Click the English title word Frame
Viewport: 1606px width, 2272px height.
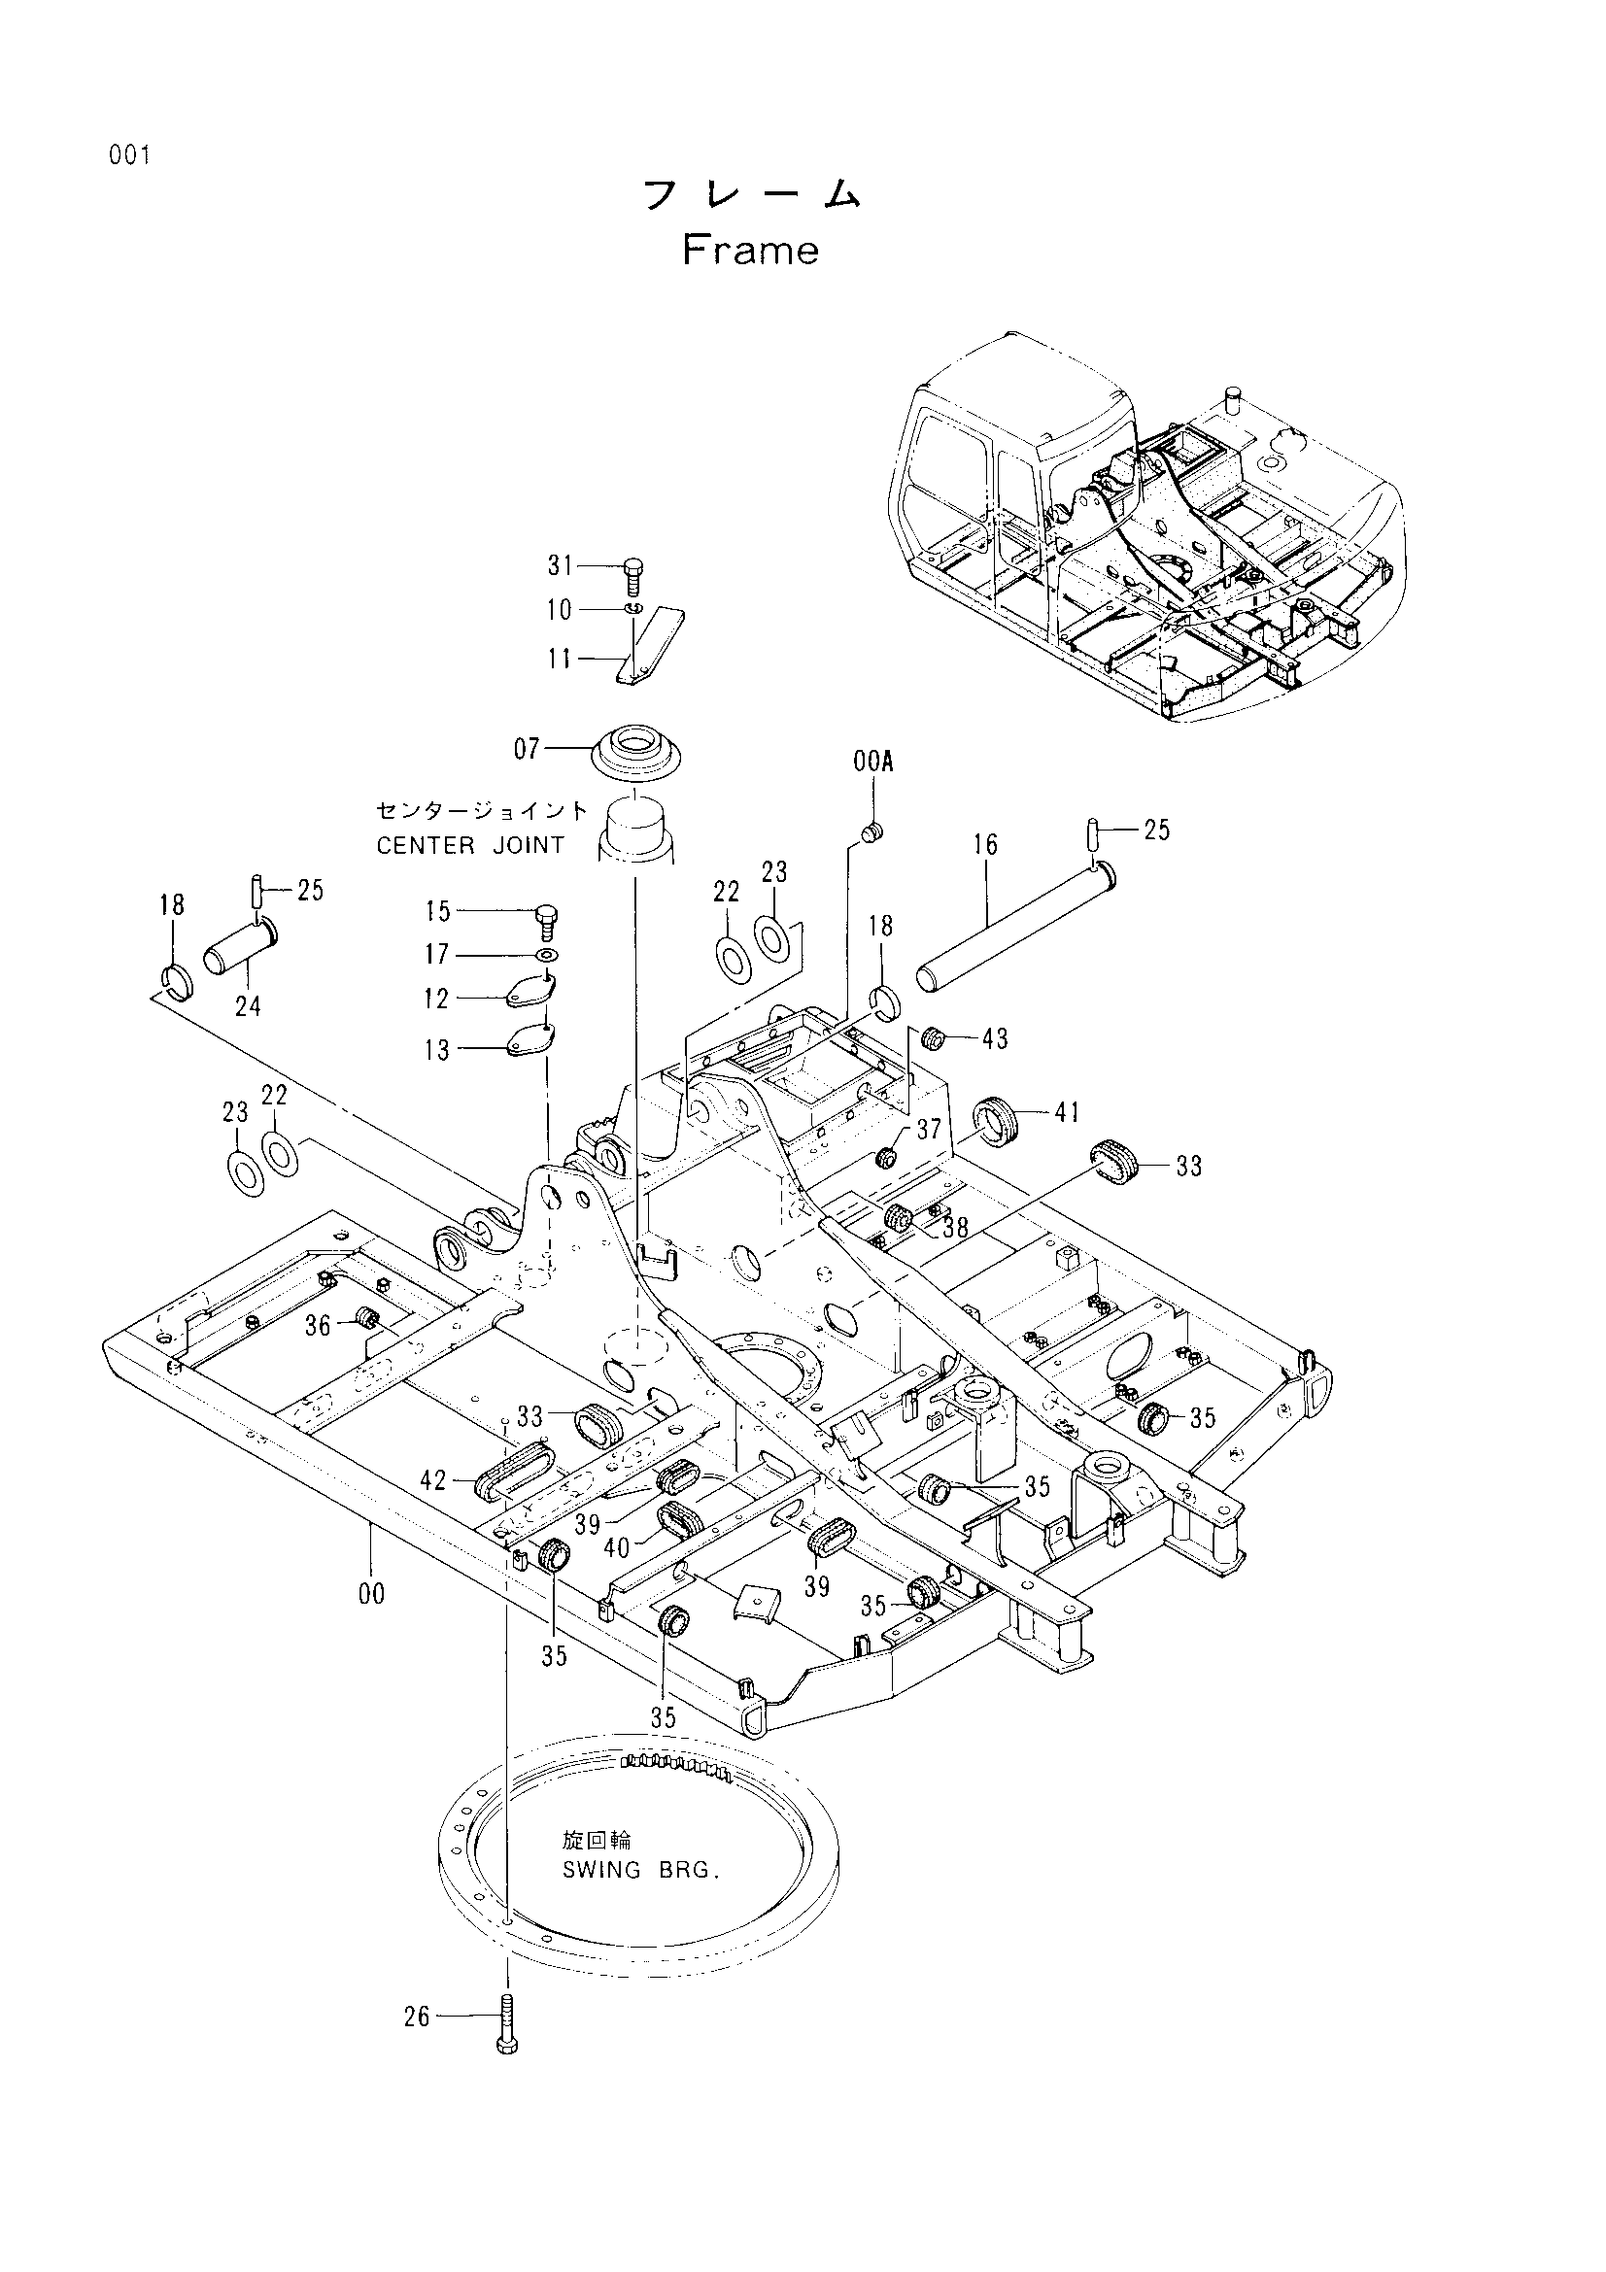coord(750,251)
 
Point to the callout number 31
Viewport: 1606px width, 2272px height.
coord(561,565)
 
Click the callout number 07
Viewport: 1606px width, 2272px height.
coord(528,749)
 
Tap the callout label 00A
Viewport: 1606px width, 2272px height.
coord(872,761)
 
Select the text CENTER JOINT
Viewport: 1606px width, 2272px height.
coord(470,846)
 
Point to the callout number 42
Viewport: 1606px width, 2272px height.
coord(433,1480)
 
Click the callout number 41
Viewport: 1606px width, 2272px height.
coord(1067,1112)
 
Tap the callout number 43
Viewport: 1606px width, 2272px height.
coord(996,1038)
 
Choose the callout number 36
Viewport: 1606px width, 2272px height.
coord(317,1325)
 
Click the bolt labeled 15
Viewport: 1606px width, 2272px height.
coord(545,922)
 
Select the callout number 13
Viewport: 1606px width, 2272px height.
coord(437,1050)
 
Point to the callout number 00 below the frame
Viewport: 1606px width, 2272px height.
coord(373,1593)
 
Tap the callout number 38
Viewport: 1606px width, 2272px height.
coord(955,1228)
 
